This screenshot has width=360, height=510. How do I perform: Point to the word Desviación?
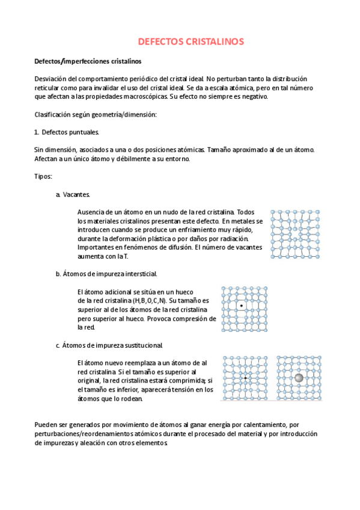click(52, 79)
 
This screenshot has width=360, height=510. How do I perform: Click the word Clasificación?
click(54, 114)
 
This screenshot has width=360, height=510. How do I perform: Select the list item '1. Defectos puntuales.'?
click(67, 132)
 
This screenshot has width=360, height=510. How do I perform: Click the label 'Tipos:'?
click(43, 176)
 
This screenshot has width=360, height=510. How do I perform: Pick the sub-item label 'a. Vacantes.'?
click(73, 194)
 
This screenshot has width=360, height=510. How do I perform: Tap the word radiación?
click(230, 238)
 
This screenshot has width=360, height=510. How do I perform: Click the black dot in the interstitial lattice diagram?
click(240, 306)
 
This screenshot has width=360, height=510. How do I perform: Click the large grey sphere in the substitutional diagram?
click(299, 378)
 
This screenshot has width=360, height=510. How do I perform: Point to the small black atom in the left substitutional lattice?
click(245, 378)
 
